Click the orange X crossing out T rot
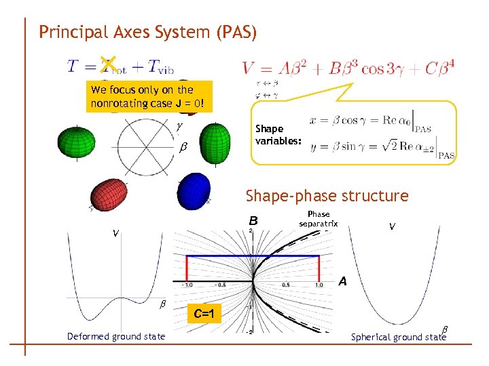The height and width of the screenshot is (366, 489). pos(107,64)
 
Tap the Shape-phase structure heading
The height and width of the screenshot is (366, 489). pos(327,196)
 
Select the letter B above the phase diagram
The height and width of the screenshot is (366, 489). pos(253,220)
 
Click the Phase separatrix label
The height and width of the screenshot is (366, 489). pos(319,219)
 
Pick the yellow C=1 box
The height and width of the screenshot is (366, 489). pos(204,313)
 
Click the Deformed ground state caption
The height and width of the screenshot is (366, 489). pos(116,336)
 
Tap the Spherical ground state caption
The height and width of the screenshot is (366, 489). pos(399,337)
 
